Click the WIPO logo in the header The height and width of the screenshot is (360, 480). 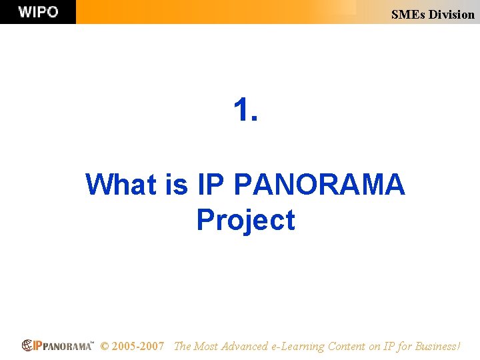click(x=38, y=12)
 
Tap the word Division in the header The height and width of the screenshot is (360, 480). click(x=451, y=14)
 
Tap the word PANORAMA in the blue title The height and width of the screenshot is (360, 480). click(x=318, y=184)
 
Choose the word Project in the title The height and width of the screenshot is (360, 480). click(x=245, y=220)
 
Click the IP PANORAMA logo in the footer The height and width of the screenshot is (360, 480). click(x=58, y=345)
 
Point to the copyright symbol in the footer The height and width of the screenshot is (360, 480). click(x=105, y=346)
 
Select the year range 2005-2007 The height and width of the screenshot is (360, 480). click(x=138, y=346)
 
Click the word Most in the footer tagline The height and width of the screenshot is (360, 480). click(x=206, y=346)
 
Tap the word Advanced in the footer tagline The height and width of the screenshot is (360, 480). click(x=245, y=346)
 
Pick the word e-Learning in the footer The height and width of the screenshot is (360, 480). click(x=298, y=346)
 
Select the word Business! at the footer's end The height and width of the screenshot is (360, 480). click(x=437, y=346)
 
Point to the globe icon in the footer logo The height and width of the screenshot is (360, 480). click(x=27, y=345)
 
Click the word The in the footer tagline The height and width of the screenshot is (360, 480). click(x=182, y=346)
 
